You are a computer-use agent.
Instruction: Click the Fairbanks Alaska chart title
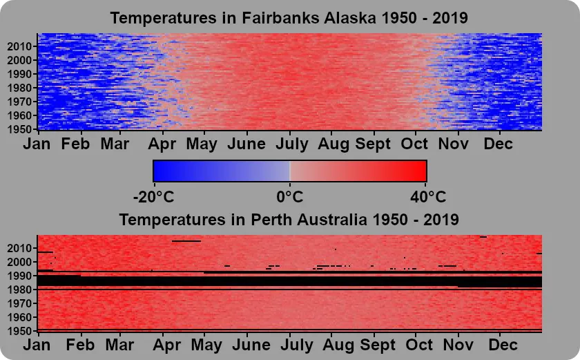(289, 17)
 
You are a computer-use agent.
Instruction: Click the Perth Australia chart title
(289, 220)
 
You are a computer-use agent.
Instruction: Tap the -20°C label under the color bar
(153, 197)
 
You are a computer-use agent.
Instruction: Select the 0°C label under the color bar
(289, 197)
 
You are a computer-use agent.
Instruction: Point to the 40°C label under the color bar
(428, 197)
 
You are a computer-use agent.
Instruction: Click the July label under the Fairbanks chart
(292, 144)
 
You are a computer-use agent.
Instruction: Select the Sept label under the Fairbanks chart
(373, 144)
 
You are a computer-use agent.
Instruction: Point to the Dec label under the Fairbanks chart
(499, 144)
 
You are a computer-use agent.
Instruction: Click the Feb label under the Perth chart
(80, 345)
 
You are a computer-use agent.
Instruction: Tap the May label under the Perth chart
(206, 345)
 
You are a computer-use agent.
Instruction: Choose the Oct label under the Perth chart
(419, 345)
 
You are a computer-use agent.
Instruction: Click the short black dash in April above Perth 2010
(186, 241)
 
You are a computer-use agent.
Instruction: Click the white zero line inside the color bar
(289, 171)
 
